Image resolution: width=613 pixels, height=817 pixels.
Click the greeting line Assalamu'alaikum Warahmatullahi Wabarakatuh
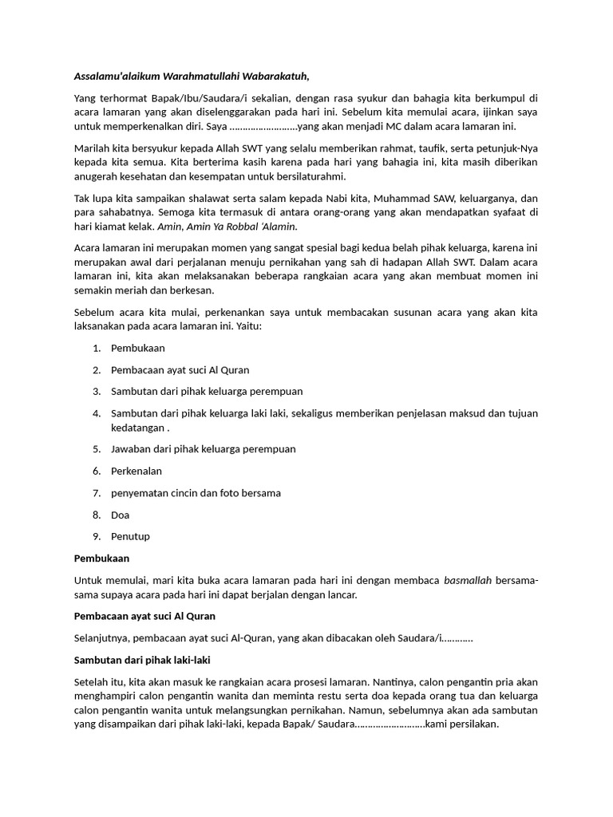191,76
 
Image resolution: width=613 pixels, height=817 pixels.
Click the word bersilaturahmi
310,176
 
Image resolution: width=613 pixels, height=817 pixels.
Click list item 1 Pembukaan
138,348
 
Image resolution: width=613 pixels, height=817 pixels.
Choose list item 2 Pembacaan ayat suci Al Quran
180,369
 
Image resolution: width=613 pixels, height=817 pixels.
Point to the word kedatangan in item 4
138,427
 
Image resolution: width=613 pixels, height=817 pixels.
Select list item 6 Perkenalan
136,471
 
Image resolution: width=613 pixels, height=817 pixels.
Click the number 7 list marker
96,493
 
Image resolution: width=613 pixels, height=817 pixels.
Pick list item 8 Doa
120,515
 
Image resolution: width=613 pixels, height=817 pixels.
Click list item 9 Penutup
130,536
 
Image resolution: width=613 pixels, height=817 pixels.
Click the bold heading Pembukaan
101,558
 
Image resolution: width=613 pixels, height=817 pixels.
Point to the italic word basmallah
467,580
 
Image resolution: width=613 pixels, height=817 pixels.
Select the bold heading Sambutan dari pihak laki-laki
142,659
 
